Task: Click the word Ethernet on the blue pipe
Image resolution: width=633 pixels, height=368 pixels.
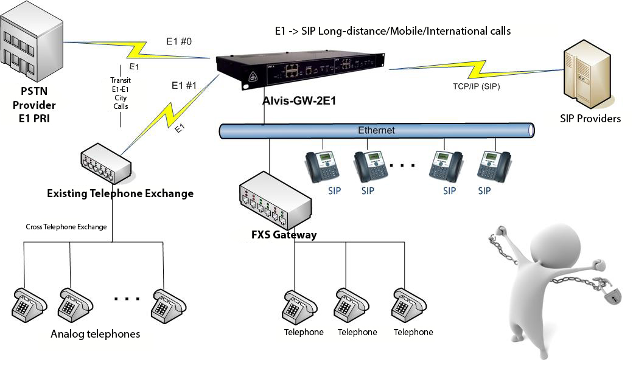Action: click(376, 130)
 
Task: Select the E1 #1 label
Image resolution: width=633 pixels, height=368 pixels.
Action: click(184, 85)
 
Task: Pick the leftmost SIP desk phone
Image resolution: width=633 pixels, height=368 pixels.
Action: click(322, 165)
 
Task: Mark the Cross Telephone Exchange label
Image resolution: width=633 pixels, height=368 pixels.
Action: click(66, 227)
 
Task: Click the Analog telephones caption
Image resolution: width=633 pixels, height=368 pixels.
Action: click(95, 334)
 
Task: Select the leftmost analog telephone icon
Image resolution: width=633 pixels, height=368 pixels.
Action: click(29, 304)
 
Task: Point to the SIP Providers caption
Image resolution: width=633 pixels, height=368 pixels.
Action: click(590, 119)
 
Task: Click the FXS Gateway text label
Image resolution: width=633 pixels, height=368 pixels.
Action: click(284, 234)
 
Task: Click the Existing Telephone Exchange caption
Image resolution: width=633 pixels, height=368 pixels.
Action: click(120, 193)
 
